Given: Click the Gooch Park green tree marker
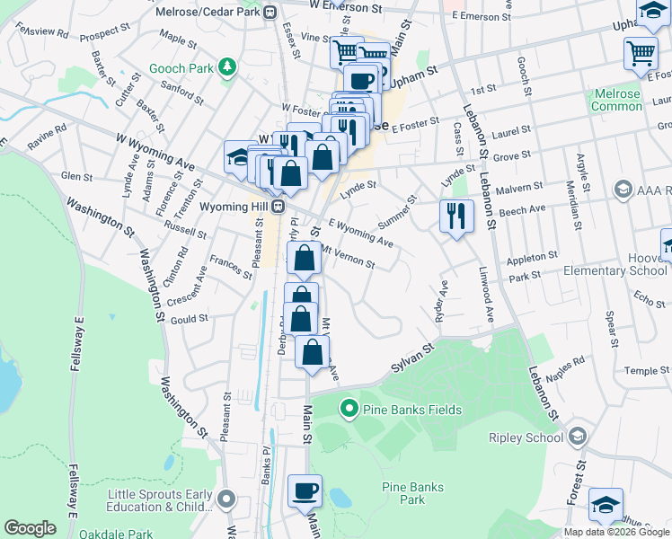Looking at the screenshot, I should tap(229, 67).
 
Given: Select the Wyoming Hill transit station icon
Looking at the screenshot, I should tap(279, 207).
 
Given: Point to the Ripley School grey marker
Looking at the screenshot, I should tap(577, 437).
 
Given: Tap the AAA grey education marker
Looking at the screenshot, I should tap(622, 190).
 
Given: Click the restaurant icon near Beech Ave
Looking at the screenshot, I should tap(456, 216).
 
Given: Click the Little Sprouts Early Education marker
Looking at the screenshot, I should tap(225, 499).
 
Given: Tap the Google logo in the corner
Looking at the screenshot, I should tap(30, 527).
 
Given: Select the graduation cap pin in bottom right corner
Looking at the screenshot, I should tap(606, 505).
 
